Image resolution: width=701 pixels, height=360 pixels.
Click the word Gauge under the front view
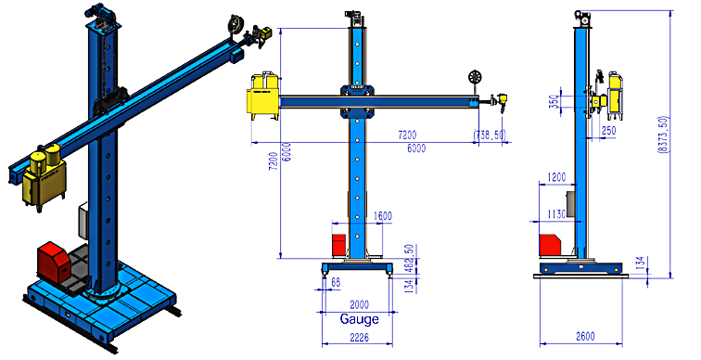(359, 319)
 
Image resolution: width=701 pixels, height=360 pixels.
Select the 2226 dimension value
(359, 337)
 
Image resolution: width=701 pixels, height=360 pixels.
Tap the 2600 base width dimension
(585, 336)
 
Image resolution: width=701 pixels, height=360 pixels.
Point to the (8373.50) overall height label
(663, 135)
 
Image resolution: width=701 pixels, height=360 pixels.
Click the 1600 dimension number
(382, 216)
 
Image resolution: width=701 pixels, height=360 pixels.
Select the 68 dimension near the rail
(336, 283)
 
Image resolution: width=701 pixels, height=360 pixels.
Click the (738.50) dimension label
(490, 135)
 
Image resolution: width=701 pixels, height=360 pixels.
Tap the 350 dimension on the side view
(554, 102)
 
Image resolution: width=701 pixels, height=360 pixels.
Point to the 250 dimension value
(608, 131)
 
